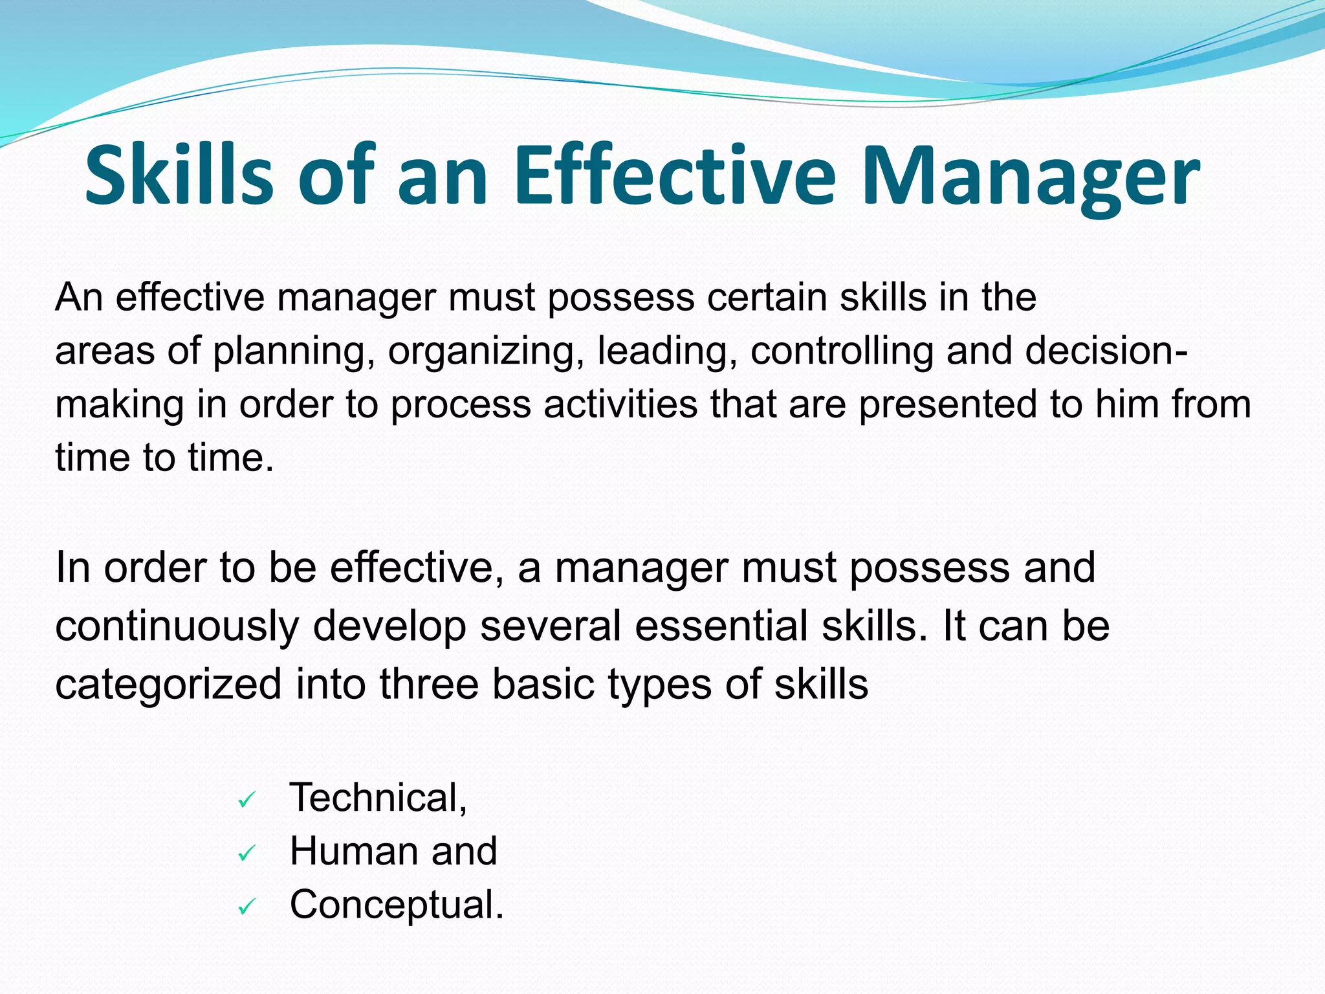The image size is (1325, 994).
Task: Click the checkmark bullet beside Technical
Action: [246, 801]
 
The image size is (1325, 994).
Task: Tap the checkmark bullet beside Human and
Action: [246, 854]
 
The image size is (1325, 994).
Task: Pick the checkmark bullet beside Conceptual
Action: [246, 908]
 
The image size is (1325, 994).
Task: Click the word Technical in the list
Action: [377, 797]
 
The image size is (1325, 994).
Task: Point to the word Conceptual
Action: [395, 905]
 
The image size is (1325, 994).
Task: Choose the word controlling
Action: [841, 351]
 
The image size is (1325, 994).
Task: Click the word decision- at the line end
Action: [1106, 351]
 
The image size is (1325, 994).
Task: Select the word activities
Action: [620, 404]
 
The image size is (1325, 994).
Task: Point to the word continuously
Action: [177, 627]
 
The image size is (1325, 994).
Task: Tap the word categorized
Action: [168, 685]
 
